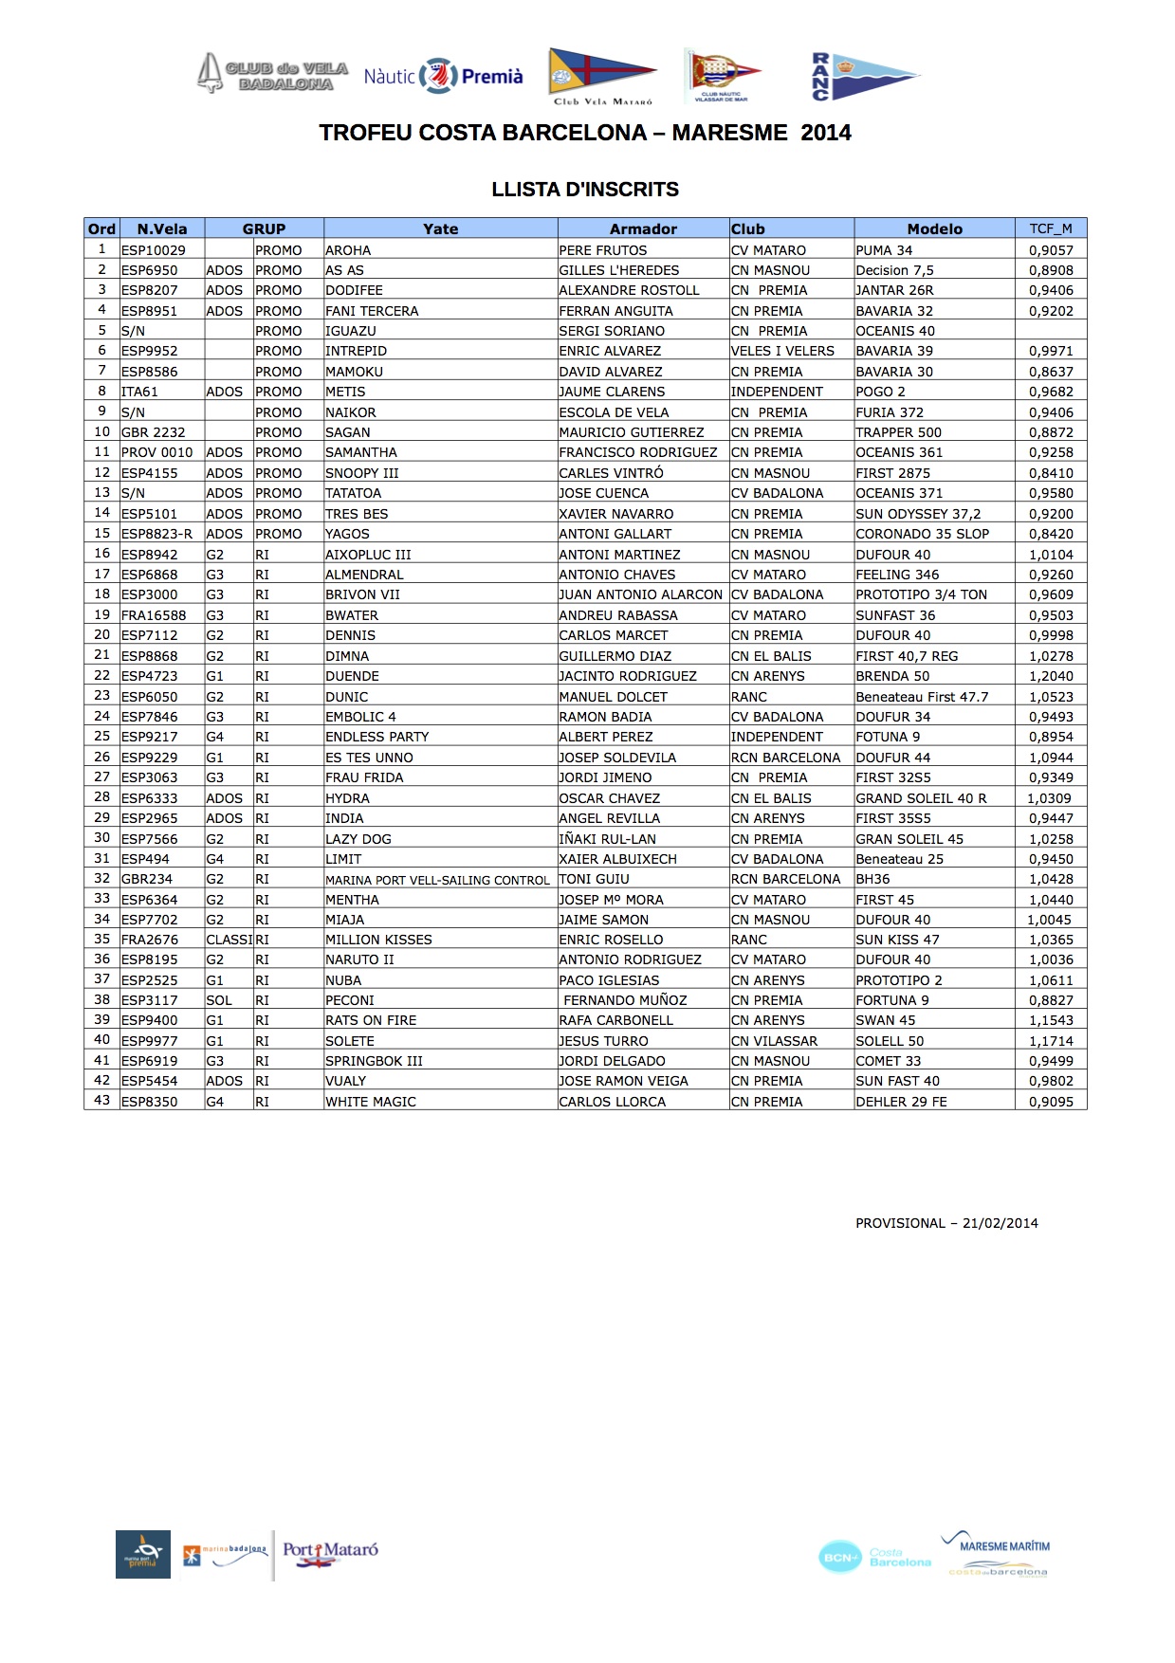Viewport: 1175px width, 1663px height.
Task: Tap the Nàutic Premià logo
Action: tap(443, 76)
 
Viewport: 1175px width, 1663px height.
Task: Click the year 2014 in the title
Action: tap(825, 133)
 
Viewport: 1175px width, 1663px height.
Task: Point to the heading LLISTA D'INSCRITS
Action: tap(585, 190)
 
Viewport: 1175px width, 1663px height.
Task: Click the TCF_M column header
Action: tap(1051, 228)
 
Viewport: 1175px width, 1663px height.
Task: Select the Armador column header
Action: tap(643, 228)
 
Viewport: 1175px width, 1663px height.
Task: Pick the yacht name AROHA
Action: tap(348, 250)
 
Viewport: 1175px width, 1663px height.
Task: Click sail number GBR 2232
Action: tap(154, 432)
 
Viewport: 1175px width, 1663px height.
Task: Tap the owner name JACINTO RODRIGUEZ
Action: tap(628, 676)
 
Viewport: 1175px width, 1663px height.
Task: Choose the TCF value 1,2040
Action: tap(1051, 676)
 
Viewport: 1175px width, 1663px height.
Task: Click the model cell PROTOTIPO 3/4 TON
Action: tap(921, 594)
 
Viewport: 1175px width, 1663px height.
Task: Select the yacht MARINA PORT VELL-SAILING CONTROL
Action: tap(437, 880)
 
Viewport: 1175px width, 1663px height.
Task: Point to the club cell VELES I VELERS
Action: tap(782, 351)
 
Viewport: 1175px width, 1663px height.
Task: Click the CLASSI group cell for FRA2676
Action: tap(229, 940)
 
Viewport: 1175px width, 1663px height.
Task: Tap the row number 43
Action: tap(101, 1101)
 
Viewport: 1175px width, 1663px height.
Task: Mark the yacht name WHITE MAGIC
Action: tap(371, 1102)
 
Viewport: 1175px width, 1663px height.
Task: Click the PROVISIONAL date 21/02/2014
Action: tap(1000, 1223)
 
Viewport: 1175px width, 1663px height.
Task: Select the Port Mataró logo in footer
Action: tap(330, 1553)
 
